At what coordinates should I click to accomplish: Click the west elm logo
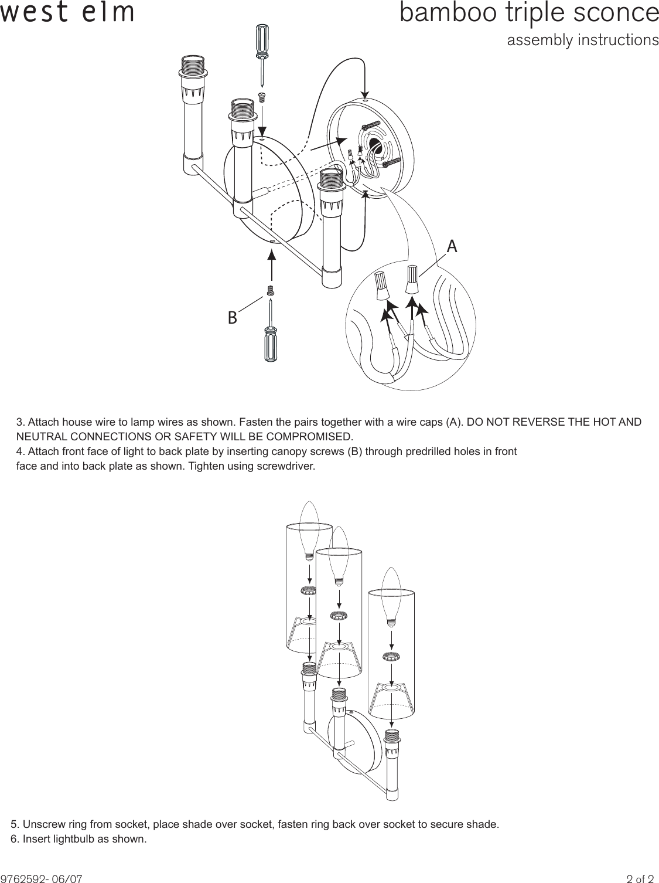point(67,13)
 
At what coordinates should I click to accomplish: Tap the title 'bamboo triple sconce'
point(529,13)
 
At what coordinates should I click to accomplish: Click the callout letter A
point(452,247)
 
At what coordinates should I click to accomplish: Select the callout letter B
point(233,318)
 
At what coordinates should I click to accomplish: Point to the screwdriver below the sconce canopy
point(272,335)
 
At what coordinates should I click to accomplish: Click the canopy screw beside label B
point(271,290)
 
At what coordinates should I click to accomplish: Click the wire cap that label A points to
point(412,280)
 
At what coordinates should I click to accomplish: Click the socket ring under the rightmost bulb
point(391,656)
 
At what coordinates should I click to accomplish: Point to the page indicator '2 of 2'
point(640,879)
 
